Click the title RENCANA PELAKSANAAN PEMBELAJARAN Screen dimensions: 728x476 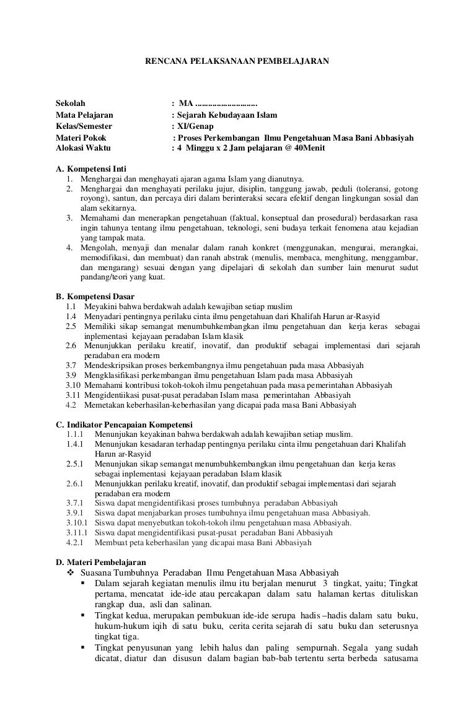point(237,62)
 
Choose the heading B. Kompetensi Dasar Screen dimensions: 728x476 point(95,296)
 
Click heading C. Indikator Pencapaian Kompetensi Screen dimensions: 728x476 point(124,424)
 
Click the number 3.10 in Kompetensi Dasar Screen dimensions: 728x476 point(73,385)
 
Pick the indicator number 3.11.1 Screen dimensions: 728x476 point(77,532)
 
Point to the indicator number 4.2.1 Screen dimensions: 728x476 point(74,542)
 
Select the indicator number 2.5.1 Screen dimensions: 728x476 point(74,463)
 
